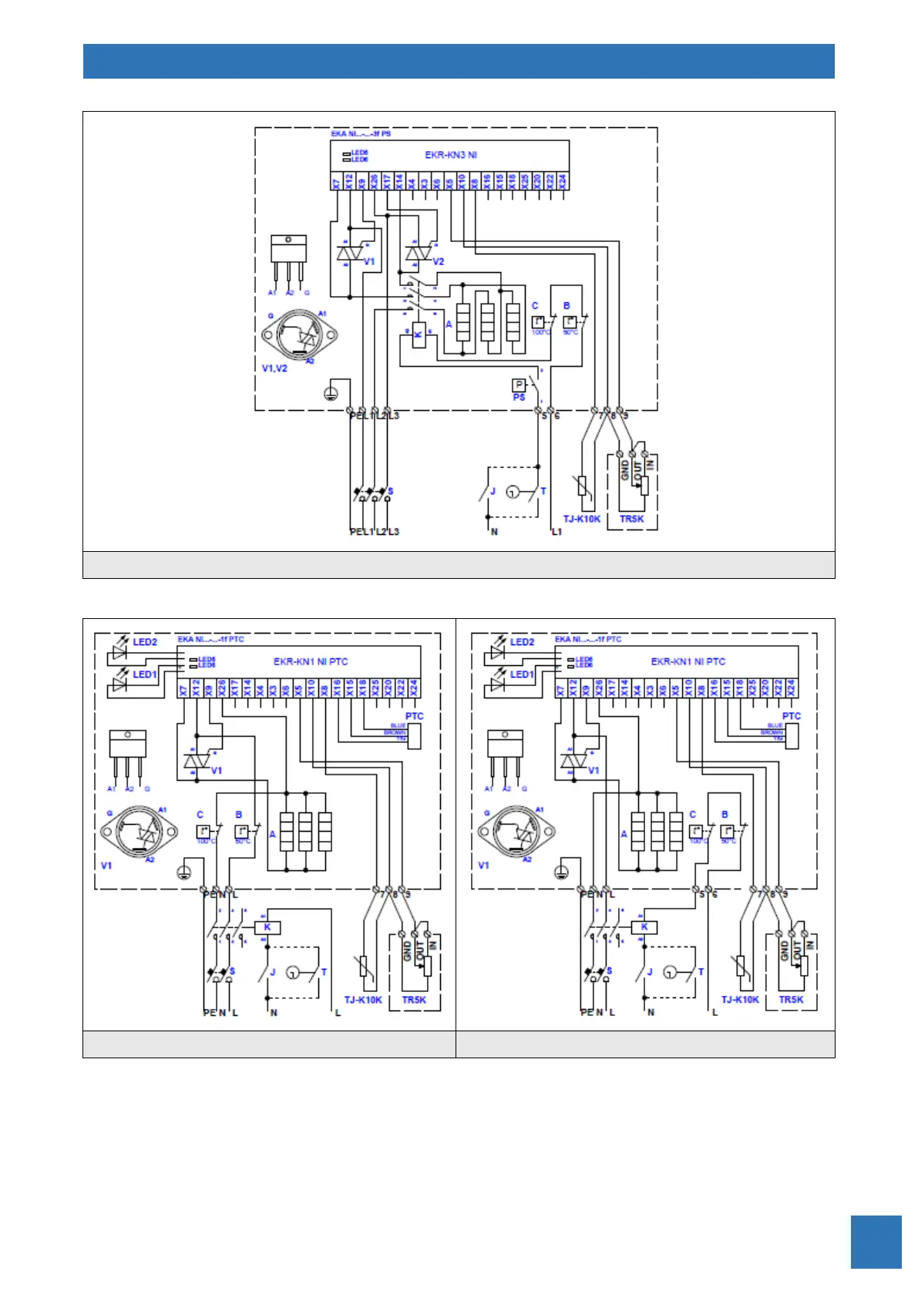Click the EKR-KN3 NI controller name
(x=451, y=155)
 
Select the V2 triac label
(x=438, y=262)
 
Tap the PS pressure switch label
(x=519, y=398)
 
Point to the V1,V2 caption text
(x=274, y=368)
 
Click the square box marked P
(x=519, y=385)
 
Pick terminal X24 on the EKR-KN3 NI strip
(x=563, y=182)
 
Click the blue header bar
(x=459, y=62)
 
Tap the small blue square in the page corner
(x=876, y=1242)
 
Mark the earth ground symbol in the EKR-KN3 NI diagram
(x=331, y=394)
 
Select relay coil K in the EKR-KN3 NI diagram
(x=419, y=335)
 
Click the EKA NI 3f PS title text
(x=361, y=133)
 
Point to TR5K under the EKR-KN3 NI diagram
(x=631, y=520)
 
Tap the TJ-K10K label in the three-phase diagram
(x=581, y=520)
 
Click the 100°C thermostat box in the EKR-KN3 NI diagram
(x=539, y=322)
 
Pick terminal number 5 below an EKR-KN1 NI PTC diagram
(x=702, y=894)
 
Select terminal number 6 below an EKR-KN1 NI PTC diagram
(x=715, y=894)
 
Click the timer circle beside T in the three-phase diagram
(x=513, y=492)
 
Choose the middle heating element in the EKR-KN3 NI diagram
(x=487, y=322)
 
